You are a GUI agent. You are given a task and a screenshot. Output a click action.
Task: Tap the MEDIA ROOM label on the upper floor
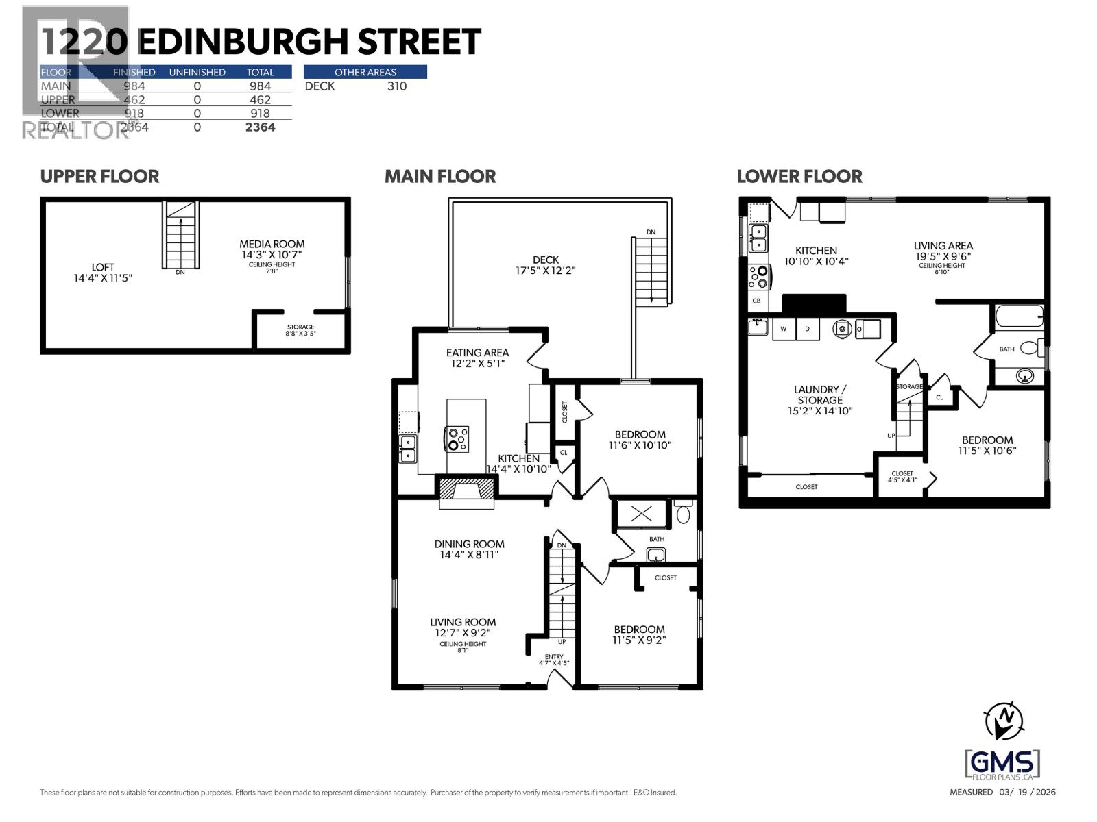tap(272, 249)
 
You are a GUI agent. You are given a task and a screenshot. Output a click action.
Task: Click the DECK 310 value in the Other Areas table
tap(396, 86)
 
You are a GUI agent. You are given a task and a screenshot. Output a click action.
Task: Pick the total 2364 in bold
tap(261, 127)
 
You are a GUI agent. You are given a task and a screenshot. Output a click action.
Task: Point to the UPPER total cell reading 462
tap(261, 100)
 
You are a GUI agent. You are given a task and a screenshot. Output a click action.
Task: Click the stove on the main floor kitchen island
tap(457, 439)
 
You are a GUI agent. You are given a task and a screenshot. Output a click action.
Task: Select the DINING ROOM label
tap(469, 549)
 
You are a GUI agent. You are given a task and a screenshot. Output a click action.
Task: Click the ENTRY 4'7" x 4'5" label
tap(554, 660)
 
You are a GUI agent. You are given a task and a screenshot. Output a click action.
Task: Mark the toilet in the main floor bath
tap(683, 513)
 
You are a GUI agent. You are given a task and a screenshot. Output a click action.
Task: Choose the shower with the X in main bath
tap(641, 514)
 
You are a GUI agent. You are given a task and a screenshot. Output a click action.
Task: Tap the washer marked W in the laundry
tap(783, 329)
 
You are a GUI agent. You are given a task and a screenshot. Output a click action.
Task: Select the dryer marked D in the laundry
tap(808, 329)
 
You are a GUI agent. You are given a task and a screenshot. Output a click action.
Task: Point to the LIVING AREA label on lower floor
tap(943, 251)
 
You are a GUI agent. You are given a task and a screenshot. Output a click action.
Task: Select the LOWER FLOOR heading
tap(799, 177)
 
